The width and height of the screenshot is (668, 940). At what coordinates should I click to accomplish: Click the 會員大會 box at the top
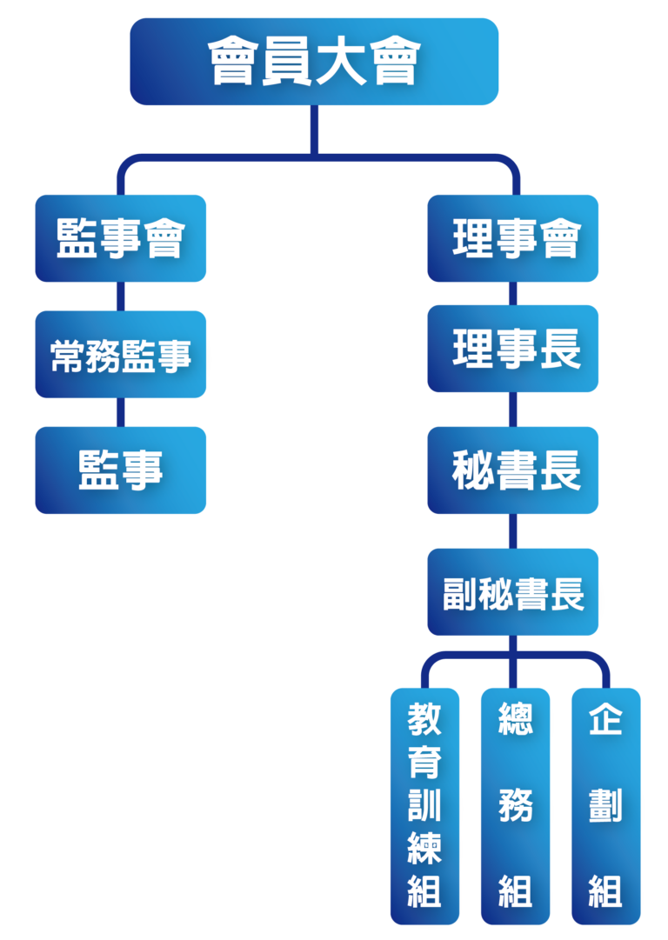click(314, 62)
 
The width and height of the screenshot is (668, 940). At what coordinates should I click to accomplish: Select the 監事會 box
click(121, 238)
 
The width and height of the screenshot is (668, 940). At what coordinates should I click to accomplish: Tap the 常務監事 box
click(121, 355)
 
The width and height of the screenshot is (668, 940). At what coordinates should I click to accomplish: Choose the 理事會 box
click(513, 238)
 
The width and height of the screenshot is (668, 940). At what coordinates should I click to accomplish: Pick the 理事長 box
click(513, 349)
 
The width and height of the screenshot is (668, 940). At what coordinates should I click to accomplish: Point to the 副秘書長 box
click(513, 592)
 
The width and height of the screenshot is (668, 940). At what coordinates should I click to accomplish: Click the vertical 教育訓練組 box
click(424, 805)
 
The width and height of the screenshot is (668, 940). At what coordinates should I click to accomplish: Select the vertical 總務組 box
click(515, 805)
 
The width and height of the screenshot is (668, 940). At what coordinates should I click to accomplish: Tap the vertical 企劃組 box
click(605, 805)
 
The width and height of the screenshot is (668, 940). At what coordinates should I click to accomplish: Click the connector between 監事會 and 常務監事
click(121, 297)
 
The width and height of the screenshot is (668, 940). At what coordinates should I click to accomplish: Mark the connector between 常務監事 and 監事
click(121, 412)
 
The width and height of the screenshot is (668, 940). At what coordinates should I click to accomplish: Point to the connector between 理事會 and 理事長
click(513, 294)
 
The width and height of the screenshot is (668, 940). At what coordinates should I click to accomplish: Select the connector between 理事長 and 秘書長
click(513, 410)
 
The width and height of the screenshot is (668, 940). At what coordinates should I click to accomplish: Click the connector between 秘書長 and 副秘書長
click(513, 530)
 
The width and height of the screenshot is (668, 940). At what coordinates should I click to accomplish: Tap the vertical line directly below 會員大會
click(314, 130)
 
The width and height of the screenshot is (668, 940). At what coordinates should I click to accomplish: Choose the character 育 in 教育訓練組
click(424, 763)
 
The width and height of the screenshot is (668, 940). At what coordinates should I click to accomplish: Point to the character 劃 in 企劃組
click(605, 805)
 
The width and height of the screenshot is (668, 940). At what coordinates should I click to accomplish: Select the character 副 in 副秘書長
click(459, 592)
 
